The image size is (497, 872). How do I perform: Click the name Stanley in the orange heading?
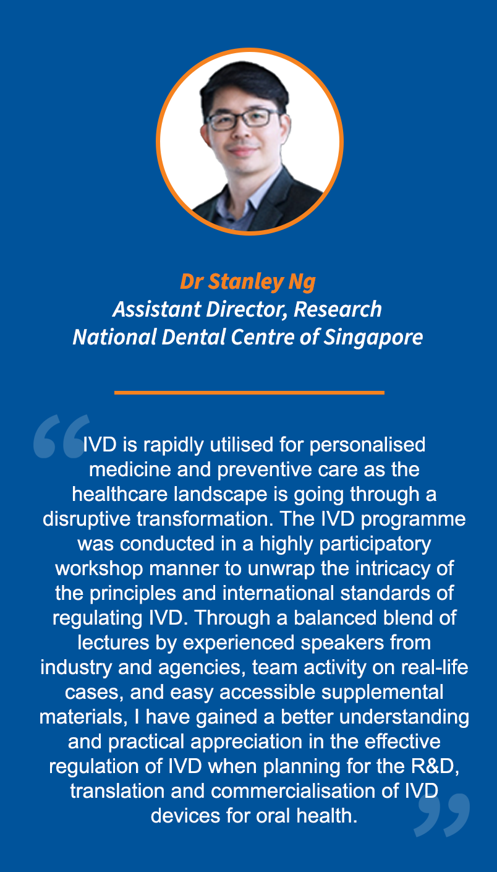click(x=246, y=282)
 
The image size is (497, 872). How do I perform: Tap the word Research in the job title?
click(x=338, y=309)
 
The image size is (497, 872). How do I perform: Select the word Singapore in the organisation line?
click(x=373, y=338)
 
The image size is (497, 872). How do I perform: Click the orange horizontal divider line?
click(x=249, y=393)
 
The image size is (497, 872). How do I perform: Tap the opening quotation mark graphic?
click(x=61, y=436)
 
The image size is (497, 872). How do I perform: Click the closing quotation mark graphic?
click(x=442, y=815)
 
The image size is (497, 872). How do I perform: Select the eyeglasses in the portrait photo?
click(x=243, y=119)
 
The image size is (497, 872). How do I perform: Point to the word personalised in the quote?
click(x=367, y=445)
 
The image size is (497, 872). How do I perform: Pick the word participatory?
click(x=375, y=544)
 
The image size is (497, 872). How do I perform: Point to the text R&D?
click(x=435, y=766)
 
